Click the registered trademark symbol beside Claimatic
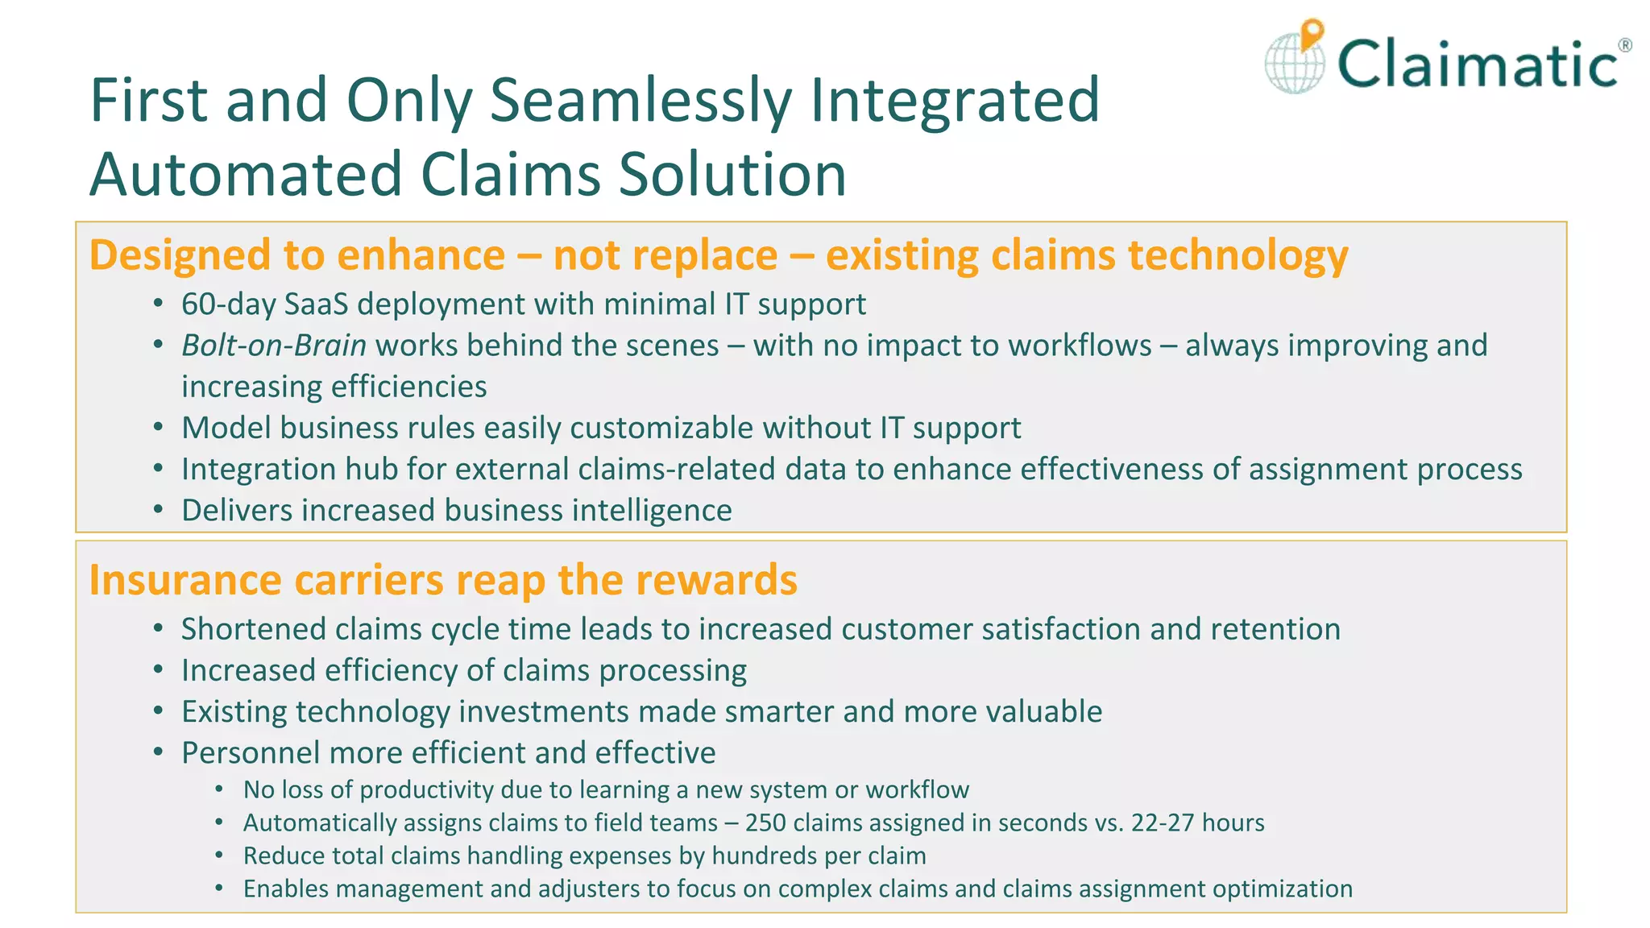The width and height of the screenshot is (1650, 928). click(x=1625, y=45)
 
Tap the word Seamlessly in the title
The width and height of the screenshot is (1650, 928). click(x=641, y=101)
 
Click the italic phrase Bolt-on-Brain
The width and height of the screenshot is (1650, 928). click(x=274, y=346)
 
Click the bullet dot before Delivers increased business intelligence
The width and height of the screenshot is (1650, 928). click(x=159, y=510)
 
